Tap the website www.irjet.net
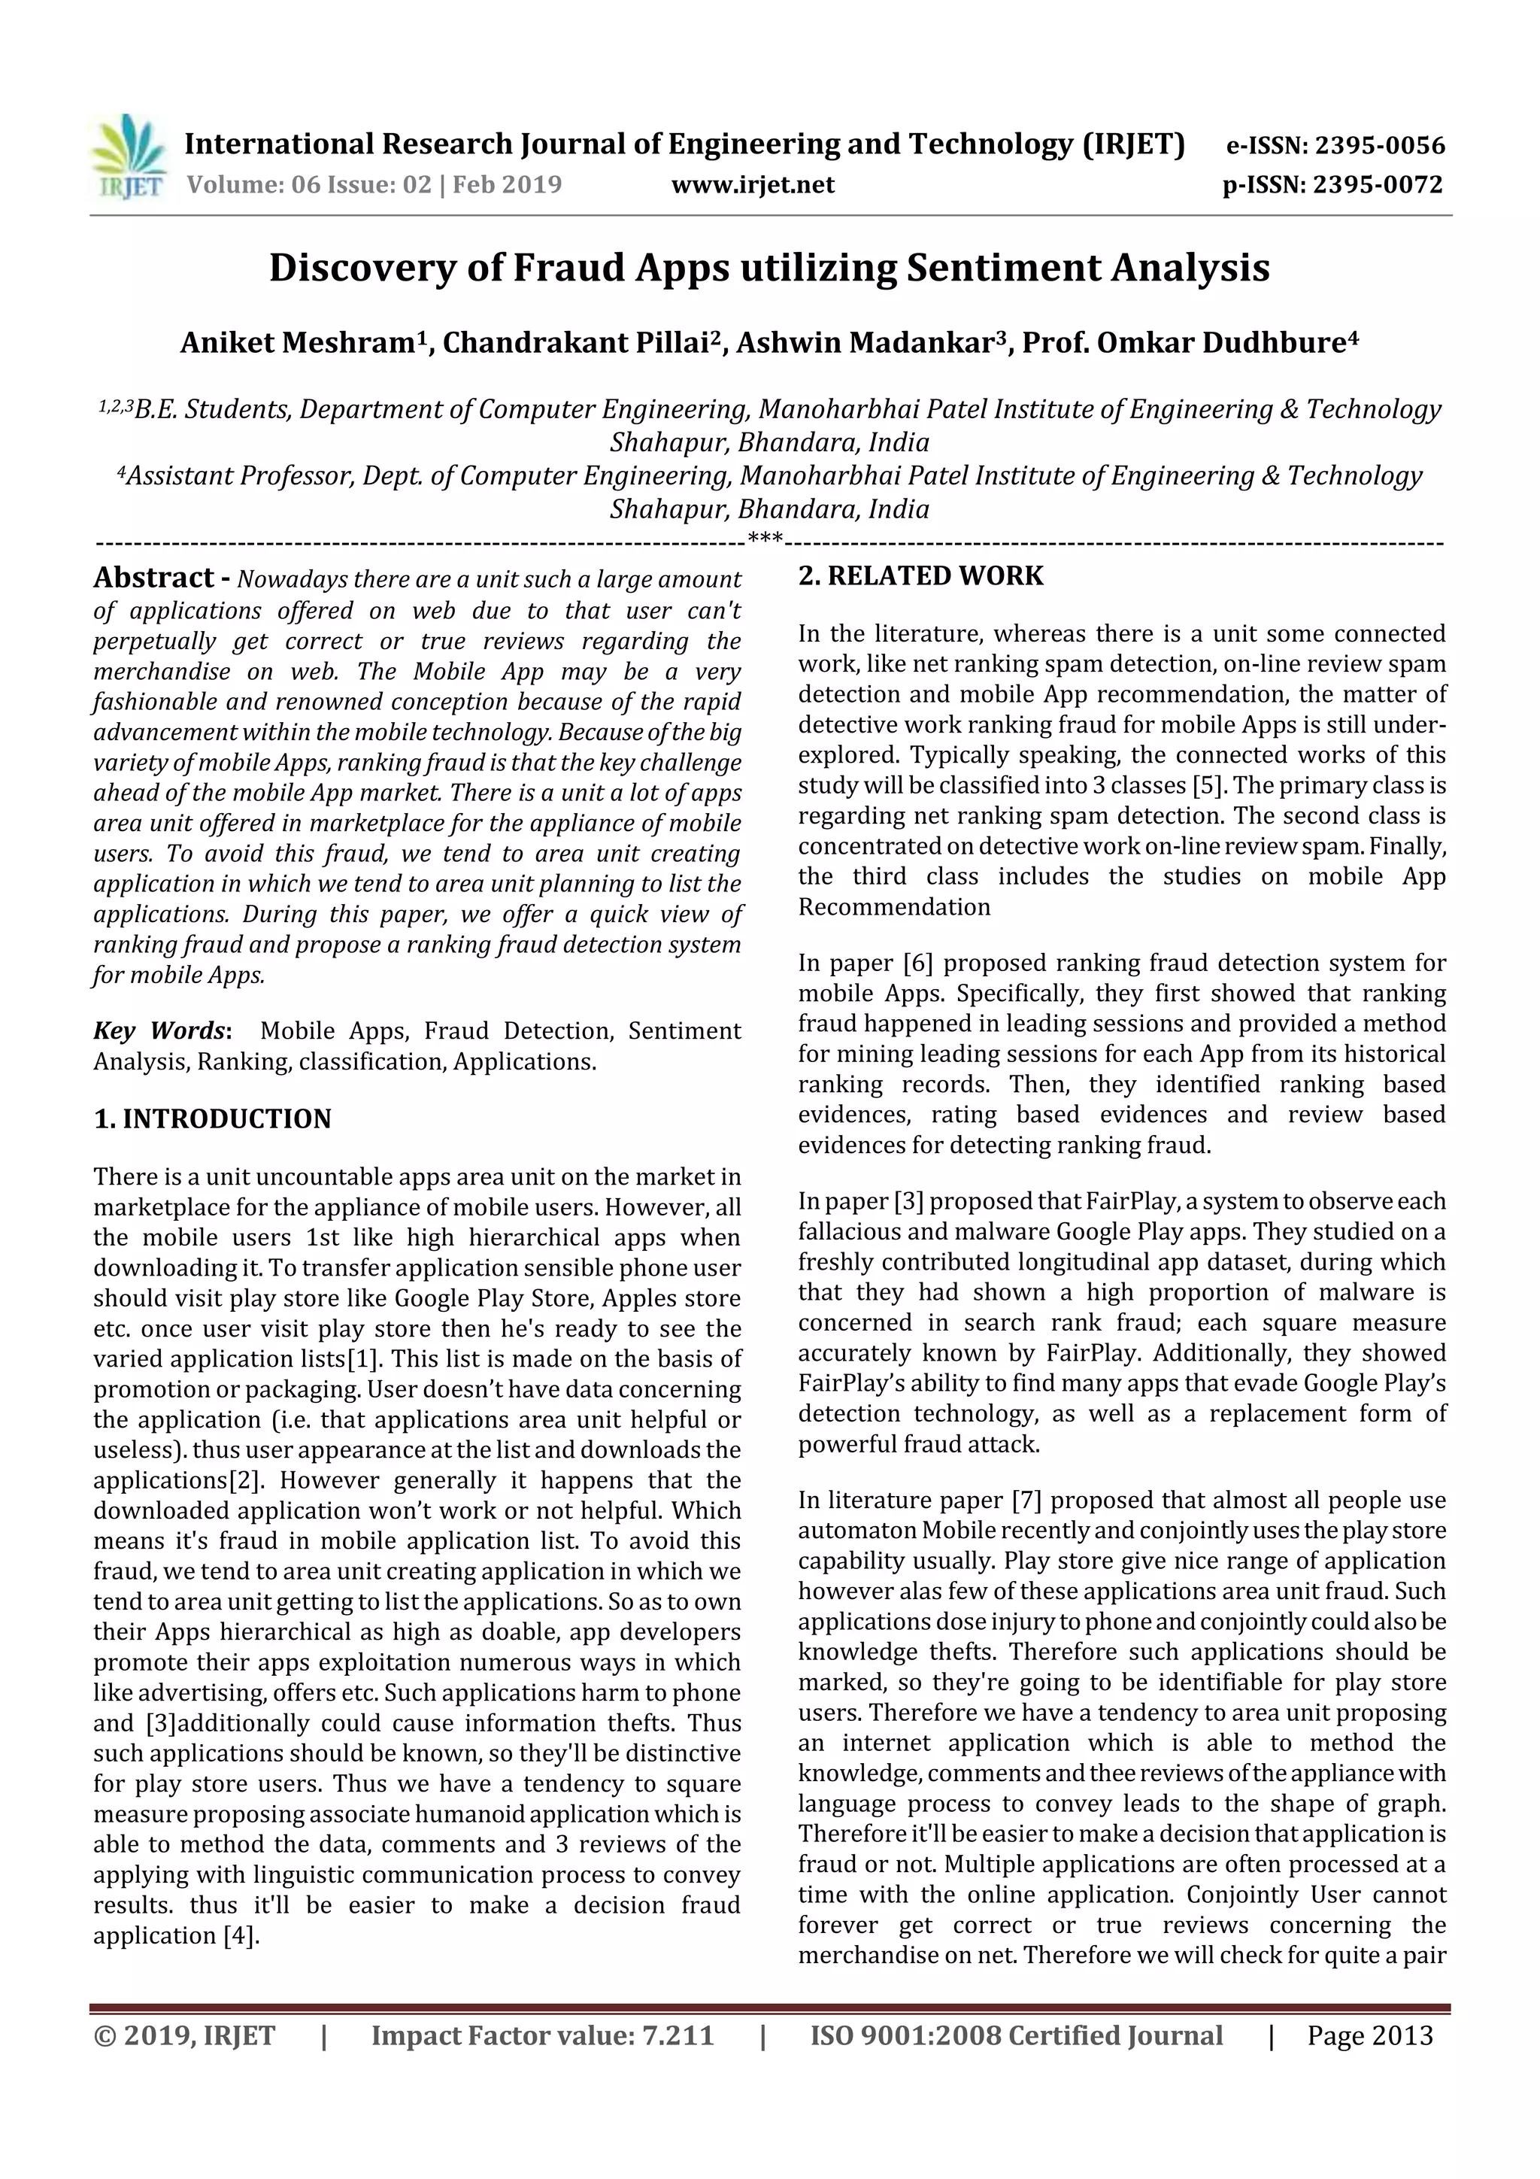[x=753, y=185]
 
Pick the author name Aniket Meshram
[x=297, y=342]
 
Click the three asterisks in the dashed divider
[x=765, y=540]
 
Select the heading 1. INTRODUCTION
[x=213, y=1119]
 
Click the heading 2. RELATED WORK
[x=920, y=576]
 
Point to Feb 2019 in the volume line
[x=507, y=185]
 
